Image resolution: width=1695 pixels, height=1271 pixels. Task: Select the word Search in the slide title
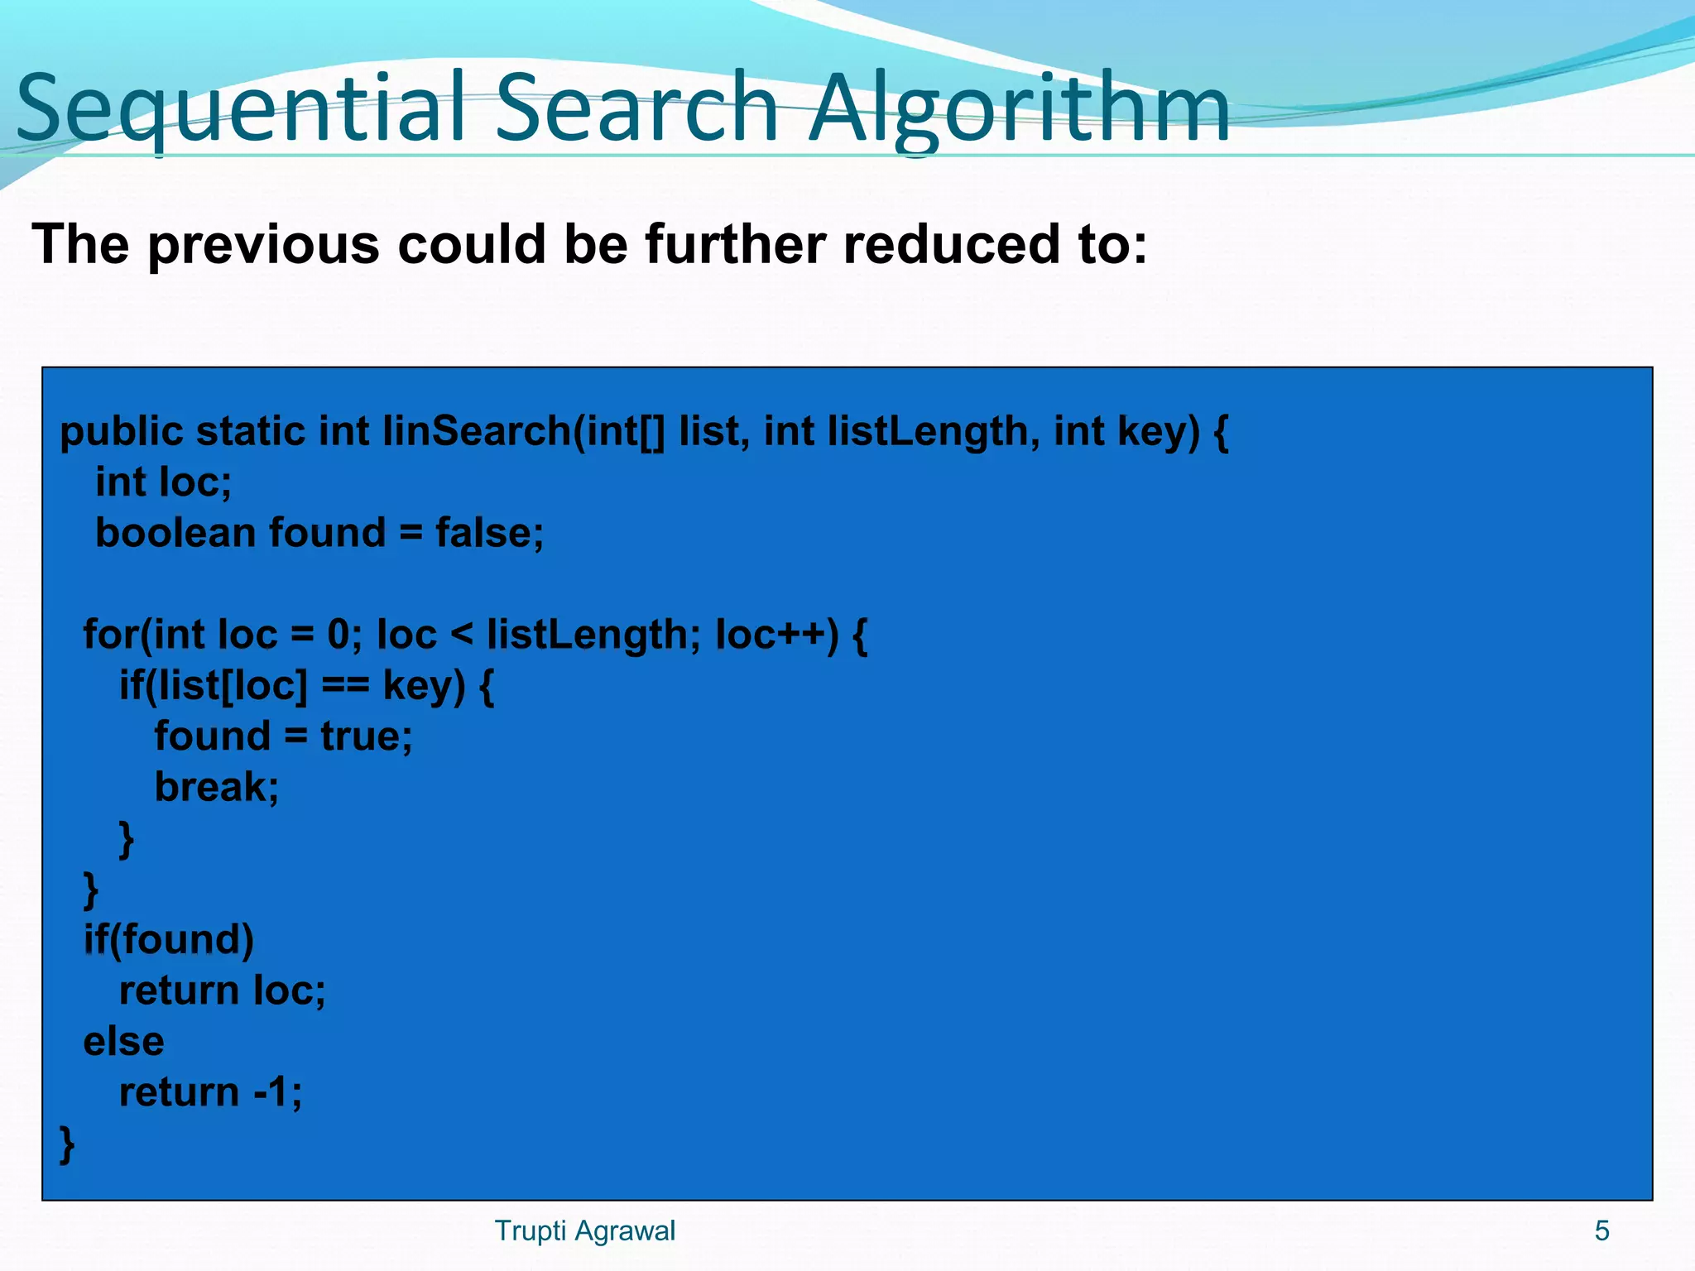pyautogui.click(x=637, y=108)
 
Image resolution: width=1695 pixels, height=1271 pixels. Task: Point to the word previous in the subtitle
pyautogui.click(x=265, y=247)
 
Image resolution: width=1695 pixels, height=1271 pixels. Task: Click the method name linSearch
pyautogui.click(x=476, y=432)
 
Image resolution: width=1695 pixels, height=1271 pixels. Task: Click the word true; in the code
pyautogui.click(x=367, y=736)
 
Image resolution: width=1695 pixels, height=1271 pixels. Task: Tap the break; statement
pyautogui.click(x=217, y=787)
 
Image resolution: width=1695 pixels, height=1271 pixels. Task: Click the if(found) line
pyautogui.click(x=169, y=940)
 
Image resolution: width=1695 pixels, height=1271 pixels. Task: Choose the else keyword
pyautogui.click(x=124, y=1042)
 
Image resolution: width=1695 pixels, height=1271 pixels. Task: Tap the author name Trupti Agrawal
pyautogui.click(x=584, y=1231)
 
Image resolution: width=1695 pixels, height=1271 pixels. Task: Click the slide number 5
pyautogui.click(x=1601, y=1231)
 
